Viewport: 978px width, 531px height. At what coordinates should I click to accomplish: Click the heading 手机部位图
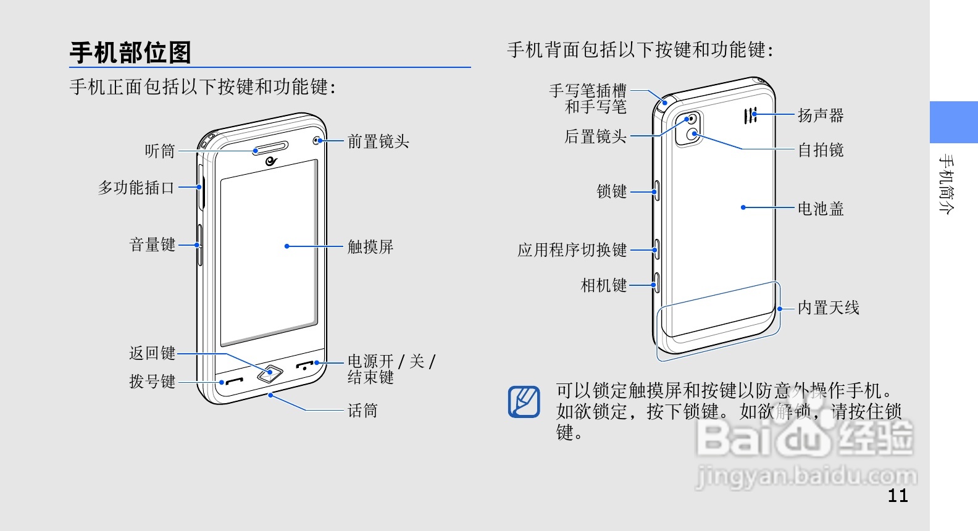(x=130, y=53)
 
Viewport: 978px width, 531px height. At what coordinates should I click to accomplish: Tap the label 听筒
(x=160, y=151)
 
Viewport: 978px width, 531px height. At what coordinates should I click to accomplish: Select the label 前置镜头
(x=378, y=141)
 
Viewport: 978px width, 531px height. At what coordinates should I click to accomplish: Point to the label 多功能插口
(x=136, y=187)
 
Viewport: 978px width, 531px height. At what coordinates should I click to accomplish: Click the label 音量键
(x=153, y=245)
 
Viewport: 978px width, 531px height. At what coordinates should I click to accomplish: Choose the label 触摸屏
(x=370, y=246)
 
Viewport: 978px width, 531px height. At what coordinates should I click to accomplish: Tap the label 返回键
(x=153, y=353)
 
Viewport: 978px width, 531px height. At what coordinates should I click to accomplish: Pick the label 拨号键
(x=153, y=382)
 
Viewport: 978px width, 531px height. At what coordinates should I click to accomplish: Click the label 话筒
(x=362, y=411)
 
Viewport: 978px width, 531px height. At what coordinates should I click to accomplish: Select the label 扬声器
(x=821, y=115)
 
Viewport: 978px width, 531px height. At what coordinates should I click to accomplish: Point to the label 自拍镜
(x=821, y=150)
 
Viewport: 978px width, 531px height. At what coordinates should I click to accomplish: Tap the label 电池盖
(x=821, y=209)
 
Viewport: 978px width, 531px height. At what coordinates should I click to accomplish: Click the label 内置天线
(x=828, y=307)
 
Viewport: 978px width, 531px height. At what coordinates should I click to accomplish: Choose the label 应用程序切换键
(x=572, y=249)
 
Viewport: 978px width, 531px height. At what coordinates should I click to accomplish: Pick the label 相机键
(x=604, y=285)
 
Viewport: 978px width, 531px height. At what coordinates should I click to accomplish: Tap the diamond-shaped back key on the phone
(x=270, y=373)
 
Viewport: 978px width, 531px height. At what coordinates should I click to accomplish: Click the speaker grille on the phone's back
(x=750, y=115)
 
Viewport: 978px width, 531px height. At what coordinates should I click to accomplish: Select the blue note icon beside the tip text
(x=524, y=401)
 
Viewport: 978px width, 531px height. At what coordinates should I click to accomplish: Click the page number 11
(x=898, y=495)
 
